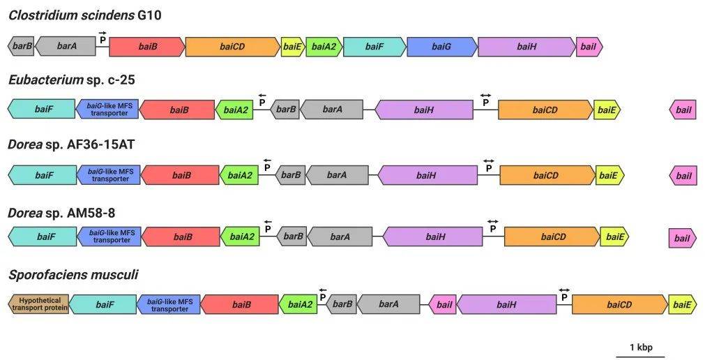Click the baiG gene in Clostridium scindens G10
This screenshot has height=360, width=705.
point(442,47)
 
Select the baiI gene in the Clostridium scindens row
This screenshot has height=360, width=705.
point(589,47)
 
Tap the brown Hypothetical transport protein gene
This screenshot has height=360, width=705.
point(38,304)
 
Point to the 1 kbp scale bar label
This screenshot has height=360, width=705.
point(641,347)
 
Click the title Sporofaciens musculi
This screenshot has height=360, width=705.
point(73,275)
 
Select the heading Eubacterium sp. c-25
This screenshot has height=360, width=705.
point(72,80)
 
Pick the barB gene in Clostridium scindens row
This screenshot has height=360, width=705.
point(21,47)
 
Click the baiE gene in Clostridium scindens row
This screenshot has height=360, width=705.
point(293,47)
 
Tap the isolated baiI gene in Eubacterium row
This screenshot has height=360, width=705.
point(683,110)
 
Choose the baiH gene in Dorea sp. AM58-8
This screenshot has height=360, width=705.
point(432,237)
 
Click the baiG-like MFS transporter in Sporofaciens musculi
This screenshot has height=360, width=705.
point(169,305)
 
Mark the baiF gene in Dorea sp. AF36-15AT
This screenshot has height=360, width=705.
point(43,175)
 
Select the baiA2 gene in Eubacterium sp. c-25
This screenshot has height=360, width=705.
point(234,110)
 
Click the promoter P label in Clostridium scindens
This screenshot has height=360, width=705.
point(103,40)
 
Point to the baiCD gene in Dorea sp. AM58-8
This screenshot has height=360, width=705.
point(552,237)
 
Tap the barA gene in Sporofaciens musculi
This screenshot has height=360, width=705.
point(388,305)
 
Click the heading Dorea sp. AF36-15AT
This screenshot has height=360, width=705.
point(71,145)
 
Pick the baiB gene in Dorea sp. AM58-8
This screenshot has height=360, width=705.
point(181,237)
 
